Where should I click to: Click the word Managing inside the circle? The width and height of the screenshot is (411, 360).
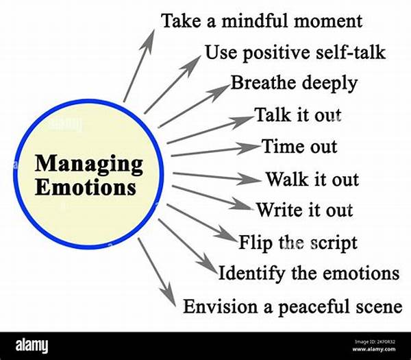[x=89, y=165]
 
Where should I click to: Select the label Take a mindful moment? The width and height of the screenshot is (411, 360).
[x=261, y=20]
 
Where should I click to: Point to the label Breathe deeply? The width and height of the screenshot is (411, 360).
[x=294, y=83]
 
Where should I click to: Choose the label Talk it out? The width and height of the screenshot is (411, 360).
[x=297, y=115]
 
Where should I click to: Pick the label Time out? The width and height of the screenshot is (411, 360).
[x=299, y=146]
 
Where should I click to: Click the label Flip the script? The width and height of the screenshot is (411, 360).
[x=298, y=242]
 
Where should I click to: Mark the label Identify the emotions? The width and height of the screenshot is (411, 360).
[x=309, y=273]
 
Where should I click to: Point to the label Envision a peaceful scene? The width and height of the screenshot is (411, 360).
[x=292, y=306]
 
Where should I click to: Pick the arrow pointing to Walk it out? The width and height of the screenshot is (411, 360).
[x=216, y=178]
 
